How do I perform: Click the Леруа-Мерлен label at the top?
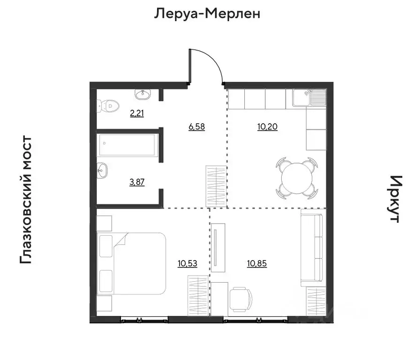[x=207, y=14]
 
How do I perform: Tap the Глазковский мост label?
[x=26, y=200]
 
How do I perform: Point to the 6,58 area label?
[x=197, y=126]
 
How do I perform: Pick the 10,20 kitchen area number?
[x=268, y=126]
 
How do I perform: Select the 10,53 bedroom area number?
[x=188, y=263]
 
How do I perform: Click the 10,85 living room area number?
[x=257, y=263]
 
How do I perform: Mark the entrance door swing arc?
[x=214, y=60]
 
